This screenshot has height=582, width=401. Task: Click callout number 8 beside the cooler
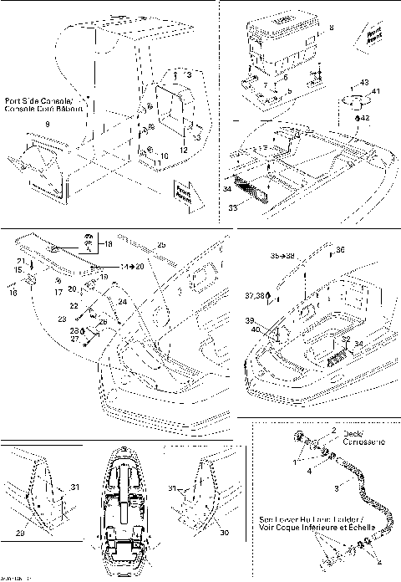point(331,28)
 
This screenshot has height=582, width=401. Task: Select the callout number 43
point(364,81)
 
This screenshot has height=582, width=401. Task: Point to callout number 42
point(365,118)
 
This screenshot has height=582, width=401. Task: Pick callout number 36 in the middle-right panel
point(340,249)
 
